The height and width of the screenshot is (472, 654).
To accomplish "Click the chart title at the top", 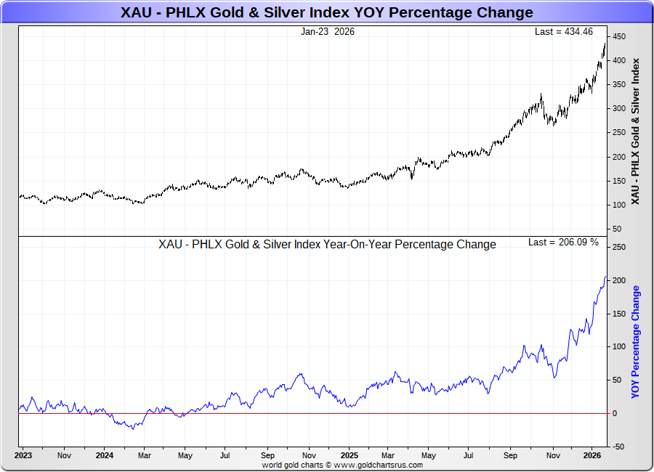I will (326, 12).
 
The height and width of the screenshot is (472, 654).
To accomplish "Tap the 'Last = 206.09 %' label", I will (563, 242).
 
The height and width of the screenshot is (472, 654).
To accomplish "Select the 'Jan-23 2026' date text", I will (327, 32).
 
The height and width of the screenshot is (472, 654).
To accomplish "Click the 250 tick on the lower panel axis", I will (619, 248).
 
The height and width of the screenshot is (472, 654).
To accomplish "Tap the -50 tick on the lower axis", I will (619, 447).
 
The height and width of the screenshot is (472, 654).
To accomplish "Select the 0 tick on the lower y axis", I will (615, 413).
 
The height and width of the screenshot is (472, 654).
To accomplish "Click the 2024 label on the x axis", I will (104, 456).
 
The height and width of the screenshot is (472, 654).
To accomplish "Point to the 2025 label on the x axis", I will (350, 456).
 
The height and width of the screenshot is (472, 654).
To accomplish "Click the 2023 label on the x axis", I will (23, 456).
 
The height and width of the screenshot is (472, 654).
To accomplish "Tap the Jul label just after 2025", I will (469, 456).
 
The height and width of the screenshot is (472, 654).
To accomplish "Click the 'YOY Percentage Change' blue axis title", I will (637, 342).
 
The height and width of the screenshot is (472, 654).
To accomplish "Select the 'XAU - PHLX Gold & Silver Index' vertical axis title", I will (637, 130).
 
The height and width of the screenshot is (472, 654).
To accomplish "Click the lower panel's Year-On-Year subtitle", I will (327, 245).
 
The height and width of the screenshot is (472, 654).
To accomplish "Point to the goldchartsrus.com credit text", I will (342, 465).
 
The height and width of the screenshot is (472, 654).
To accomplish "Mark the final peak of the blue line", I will (606, 277).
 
